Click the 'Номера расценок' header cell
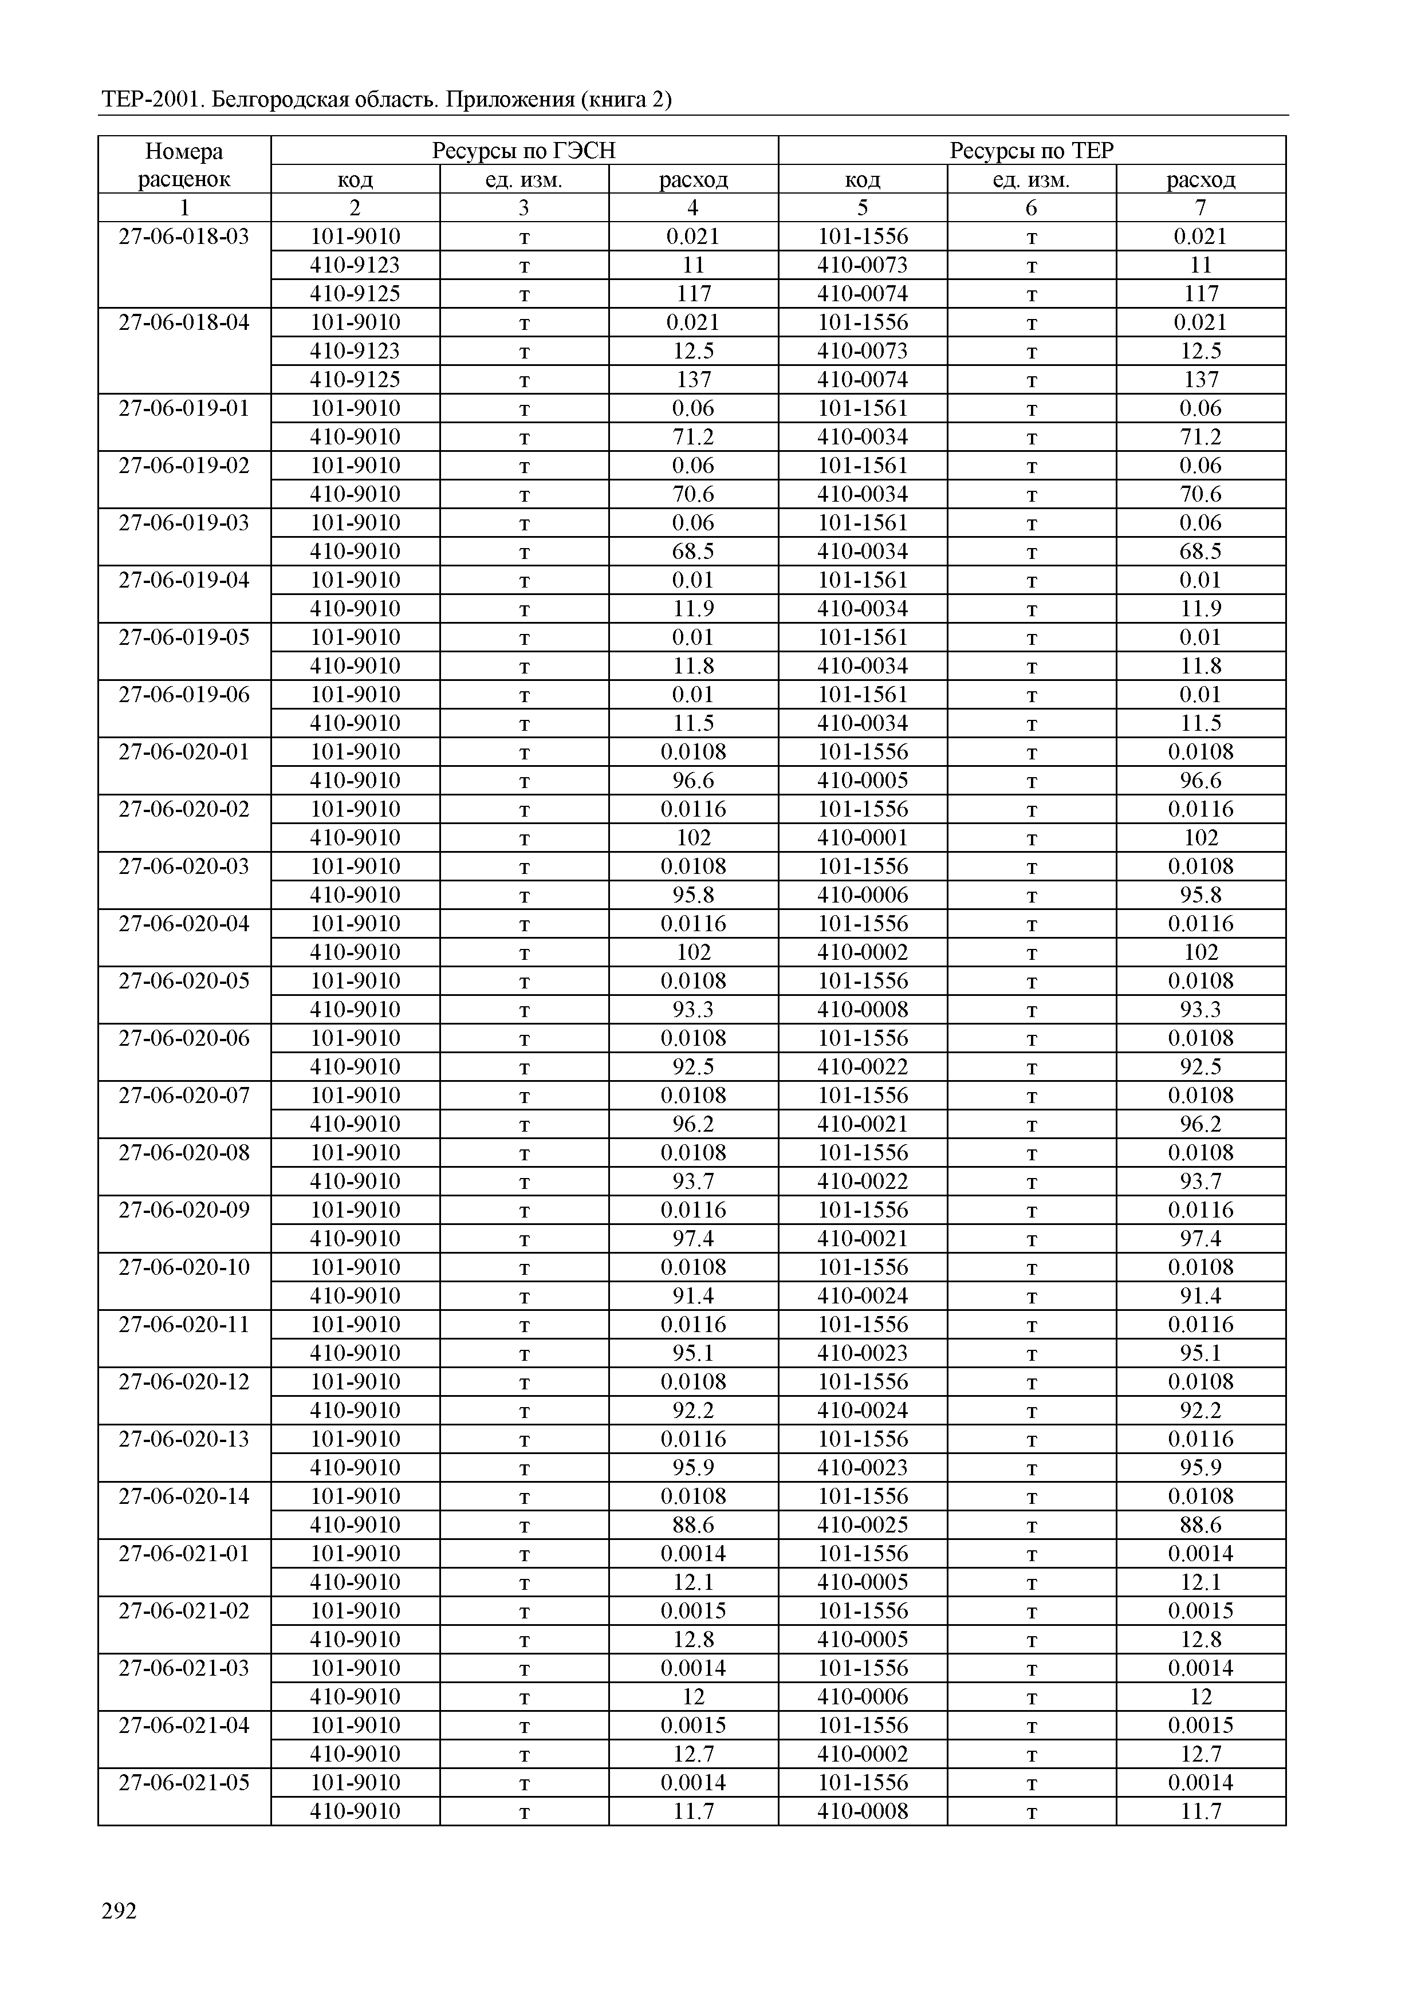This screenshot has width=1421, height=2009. coord(184,166)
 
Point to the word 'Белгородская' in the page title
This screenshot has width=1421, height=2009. coord(280,100)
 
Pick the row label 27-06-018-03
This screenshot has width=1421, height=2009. coord(184,237)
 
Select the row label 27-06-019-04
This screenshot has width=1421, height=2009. coord(184,580)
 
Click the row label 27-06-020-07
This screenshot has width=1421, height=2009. coord(184,1096)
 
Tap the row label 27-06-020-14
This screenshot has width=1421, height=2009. coord(184,1496)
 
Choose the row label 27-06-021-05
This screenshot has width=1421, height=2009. coord(184,1782)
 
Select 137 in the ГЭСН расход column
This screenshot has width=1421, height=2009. coord(693,380)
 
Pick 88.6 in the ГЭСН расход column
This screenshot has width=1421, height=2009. coord(693,1525)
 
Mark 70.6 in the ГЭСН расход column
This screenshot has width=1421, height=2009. coord(693,494)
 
